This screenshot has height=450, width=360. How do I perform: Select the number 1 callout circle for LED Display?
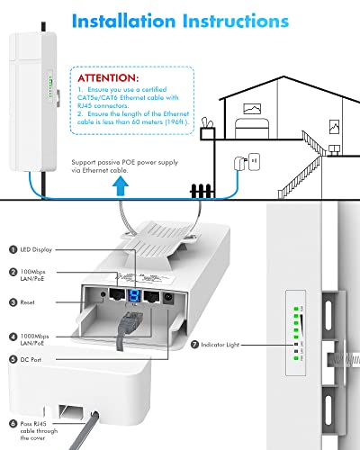coord(13,249)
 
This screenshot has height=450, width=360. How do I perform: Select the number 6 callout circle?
coord(13,423)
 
